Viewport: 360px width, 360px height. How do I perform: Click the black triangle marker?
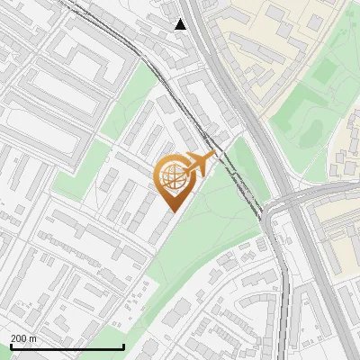click(181, 24)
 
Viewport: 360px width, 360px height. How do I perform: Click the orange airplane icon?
click(199, 165)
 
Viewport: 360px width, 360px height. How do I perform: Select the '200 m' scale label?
click(23, 337)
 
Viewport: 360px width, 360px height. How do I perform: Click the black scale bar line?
click(67, 346)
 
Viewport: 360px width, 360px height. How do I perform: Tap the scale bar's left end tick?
click(11, 346)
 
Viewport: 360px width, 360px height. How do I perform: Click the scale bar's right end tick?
click(123, 346)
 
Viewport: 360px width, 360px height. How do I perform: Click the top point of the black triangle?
click(181, 19)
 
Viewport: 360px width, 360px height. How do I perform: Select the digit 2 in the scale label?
click(13, 337)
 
